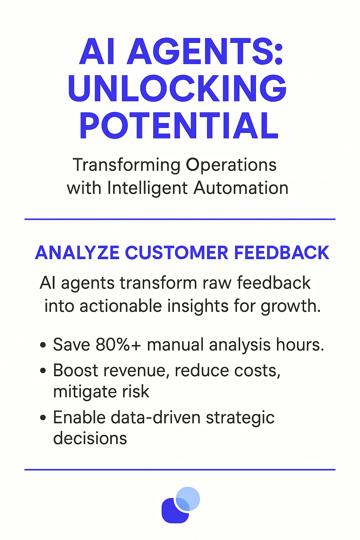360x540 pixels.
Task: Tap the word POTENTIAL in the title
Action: (x=179, y=126)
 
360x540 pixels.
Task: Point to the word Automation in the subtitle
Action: (x=241, y=188)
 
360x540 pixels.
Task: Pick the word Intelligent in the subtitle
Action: (x=148, y=188)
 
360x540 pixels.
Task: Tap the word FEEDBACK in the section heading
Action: (x=282, y=253)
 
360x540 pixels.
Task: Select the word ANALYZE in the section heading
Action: (x=77, y=253)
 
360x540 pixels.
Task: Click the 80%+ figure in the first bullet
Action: (x=118, y=345)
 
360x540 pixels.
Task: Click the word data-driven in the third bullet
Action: (x=155, y=418)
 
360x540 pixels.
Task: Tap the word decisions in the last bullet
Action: (x=90, y=438)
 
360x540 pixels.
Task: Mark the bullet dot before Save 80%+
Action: (x=43, y=345)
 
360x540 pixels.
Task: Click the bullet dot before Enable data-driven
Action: (x=43, y=418)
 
